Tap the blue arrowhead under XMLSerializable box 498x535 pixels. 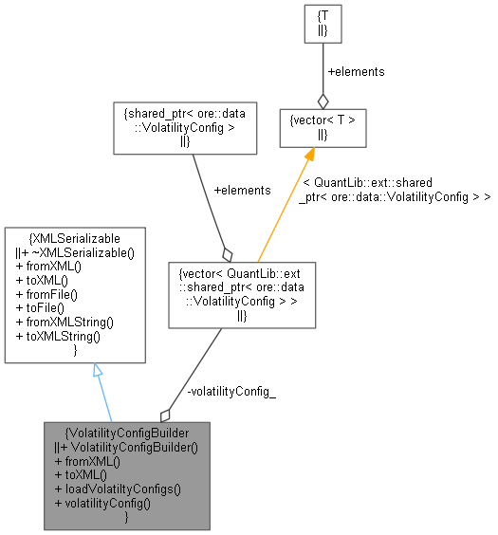98,371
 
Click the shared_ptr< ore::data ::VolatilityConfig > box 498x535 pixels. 185,128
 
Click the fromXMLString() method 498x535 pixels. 65,323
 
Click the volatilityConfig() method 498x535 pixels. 105,504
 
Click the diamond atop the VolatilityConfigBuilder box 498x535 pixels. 165,414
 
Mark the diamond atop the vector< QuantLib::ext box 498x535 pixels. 226,253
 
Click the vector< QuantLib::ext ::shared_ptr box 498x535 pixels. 241,294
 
